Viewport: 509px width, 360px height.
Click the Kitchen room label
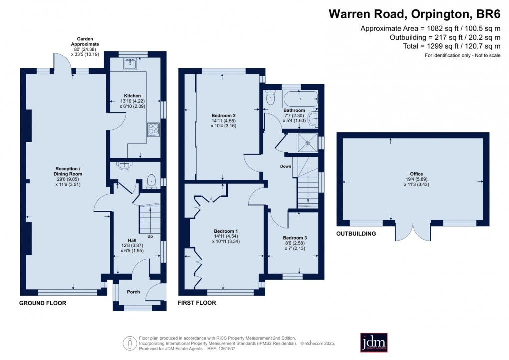pos(132,96)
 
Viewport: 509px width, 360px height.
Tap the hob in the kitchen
pos(154,130)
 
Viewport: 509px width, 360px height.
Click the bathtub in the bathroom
pos(300,98)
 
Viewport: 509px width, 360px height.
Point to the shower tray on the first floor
pos(308,143)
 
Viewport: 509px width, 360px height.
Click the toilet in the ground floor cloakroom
pos(151,181)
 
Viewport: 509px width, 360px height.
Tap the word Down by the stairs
pos(286,166)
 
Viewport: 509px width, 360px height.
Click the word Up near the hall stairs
pos(150,236)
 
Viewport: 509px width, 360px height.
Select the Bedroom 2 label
pos(224,116)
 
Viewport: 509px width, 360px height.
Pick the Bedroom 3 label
pos(295,238)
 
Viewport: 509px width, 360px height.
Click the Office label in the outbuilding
pos(416,174)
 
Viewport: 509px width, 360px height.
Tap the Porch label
pos(133,292)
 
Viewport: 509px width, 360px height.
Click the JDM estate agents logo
pos(374,342)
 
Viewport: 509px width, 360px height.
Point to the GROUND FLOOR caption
pos(43,303)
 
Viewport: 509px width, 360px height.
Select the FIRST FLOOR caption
pos(197,303)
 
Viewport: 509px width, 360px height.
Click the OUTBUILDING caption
pos(356,233)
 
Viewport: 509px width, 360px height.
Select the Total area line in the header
pos(452,46)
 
